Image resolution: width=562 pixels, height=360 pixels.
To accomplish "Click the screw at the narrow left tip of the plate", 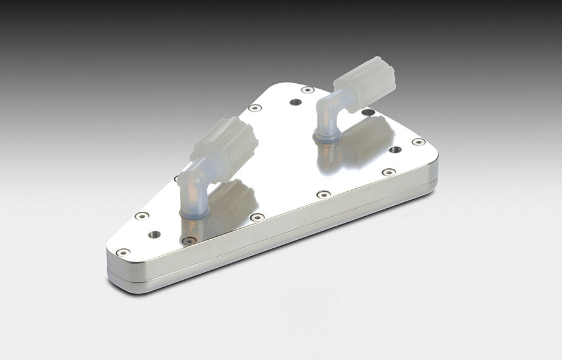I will point(123,251).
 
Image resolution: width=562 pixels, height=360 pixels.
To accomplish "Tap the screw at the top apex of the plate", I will point(308,90).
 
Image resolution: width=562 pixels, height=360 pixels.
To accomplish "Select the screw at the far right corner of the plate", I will point(419,142).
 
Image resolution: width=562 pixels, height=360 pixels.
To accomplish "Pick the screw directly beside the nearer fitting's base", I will point(190,240).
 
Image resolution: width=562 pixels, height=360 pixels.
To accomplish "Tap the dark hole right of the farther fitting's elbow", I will point(367,112).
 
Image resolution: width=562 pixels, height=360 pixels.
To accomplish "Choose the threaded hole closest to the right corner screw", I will point(395,149).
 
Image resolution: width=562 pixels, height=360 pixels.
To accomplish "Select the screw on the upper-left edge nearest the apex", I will point(255,108).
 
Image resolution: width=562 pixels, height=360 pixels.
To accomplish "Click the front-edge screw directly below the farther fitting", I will point(324,194).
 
